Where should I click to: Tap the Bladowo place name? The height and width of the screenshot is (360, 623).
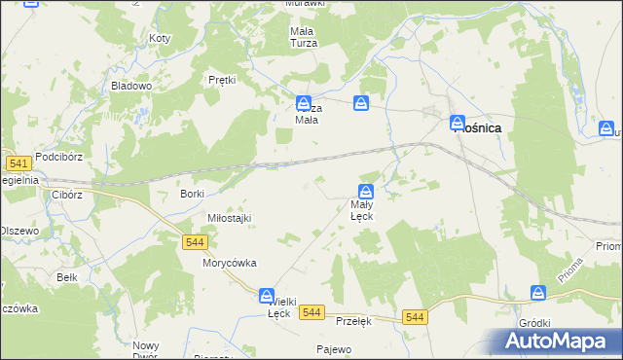coord(132,86)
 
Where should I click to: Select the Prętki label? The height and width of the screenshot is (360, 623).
coord(223,80)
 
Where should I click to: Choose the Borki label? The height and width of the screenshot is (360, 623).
coord(192,194)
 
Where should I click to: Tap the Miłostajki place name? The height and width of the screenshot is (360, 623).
coord(230,218)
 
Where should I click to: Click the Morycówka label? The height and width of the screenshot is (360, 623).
coord(229,263)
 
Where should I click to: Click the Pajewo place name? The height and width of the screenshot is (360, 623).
coord(334,348)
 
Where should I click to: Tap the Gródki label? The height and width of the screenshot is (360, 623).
coord(535,323)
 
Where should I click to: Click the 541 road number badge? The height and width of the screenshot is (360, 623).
coord(16,163)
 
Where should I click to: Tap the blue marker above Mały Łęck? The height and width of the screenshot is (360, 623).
coord(366,191)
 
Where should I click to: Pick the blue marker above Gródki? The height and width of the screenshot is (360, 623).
coord(538,293)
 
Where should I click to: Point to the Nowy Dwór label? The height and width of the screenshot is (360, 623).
coord(146,351)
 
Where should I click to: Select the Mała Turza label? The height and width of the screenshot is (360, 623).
coord(304,37)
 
